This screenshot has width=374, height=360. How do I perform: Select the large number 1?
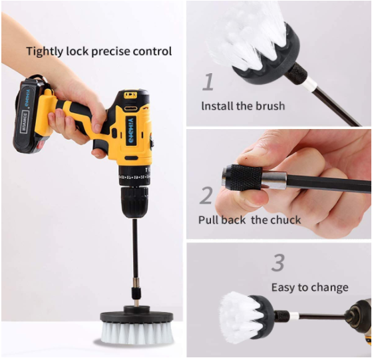pyautogui.click(x=208, y=82)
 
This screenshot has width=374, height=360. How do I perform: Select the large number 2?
pyautogui.click(x=207, y=195)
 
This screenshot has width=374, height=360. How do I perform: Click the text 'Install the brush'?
pyautogui.click(x=243, y=106)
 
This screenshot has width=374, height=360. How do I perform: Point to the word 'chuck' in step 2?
pyautogui.click(x=285, y=220)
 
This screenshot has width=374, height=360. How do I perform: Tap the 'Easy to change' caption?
pyautogui.click(x=309, y=287)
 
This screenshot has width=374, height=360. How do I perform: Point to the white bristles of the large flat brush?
pyautogui.click(x=136, y=333)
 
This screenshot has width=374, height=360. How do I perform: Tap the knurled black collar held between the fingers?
pyautogui.click(x=244, y=177)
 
